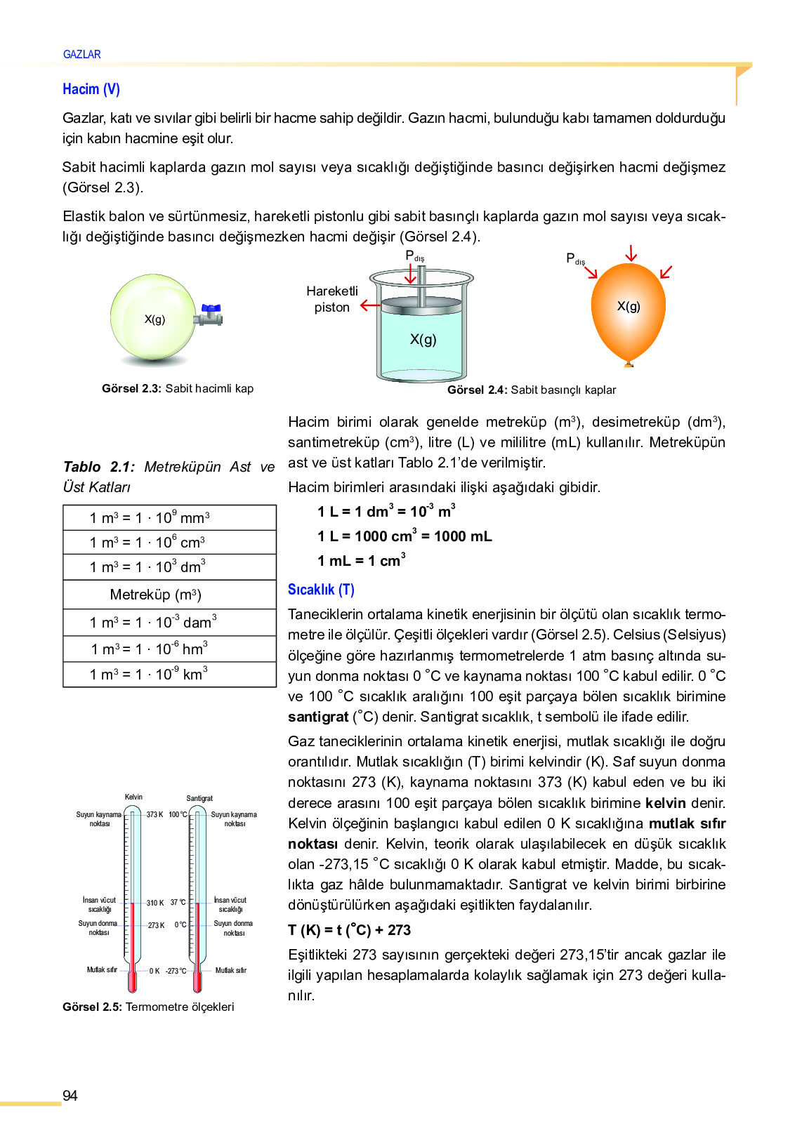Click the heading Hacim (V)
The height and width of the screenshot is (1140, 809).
(x=91, y=89)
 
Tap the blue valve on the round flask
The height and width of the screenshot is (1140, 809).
(x=211, y=309)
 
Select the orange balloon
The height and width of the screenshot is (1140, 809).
(x=629, y=309)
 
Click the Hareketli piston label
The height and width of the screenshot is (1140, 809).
(x=331, y=299)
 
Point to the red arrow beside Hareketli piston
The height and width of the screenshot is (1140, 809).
(x=369, y=305)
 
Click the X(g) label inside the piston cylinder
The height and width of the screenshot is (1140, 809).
(x=423, y=340)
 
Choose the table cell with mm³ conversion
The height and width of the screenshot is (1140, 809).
(x=169, y=517)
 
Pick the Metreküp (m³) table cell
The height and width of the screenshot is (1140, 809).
(x=169, y=595)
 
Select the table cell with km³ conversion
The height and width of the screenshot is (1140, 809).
(x=169, y=674)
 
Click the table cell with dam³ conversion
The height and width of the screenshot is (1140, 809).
(x=169, y=622)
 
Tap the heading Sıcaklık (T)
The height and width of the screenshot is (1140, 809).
(x=321, y=590)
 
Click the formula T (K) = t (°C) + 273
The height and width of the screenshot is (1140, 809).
(x=349, y=930)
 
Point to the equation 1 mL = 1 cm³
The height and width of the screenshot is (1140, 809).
(x=361, y=560)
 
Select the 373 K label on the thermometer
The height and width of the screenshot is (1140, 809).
(x=154, y=814)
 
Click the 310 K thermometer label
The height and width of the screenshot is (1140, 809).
(x=155, y=903)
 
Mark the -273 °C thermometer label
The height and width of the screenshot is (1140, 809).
(x=176, y=971)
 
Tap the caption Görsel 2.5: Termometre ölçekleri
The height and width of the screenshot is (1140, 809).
(x=148, y=1007)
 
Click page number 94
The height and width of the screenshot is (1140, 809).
(x=70, y=1096)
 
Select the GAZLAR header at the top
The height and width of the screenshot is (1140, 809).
(x=81, y=54)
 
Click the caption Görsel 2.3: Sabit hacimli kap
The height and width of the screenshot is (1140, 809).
(x=178, y=388)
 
